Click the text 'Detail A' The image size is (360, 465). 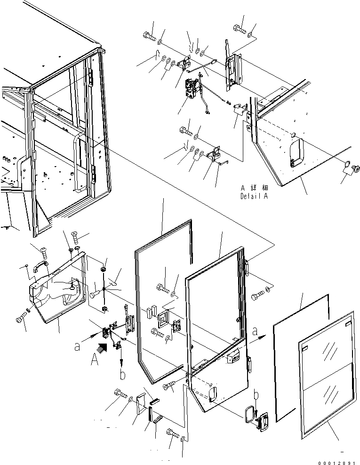pyautogui.click(x=254, y=196)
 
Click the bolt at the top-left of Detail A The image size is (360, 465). pyautogui.click(x=148, y=35)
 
